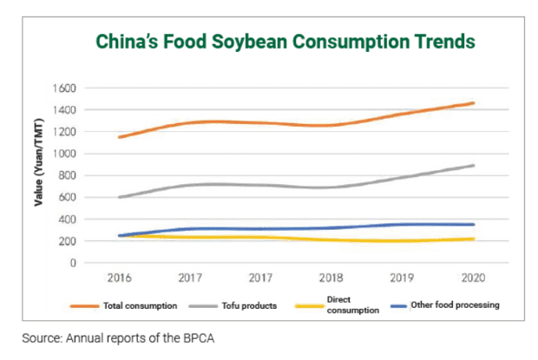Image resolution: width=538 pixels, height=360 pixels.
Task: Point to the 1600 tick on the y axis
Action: (x=64, y=88)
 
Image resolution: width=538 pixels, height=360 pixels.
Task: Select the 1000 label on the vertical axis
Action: (x=64, y=154)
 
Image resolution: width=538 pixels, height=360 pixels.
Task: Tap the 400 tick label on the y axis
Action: (x=67, y=219)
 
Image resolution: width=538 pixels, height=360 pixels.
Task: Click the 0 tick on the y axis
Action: (x=73, y=262)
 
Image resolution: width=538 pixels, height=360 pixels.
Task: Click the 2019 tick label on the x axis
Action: (x=403, y=279)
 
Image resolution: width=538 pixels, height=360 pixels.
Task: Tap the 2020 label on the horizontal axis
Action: (x=473, y=279)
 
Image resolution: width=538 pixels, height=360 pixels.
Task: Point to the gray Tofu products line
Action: (x=260, y=185)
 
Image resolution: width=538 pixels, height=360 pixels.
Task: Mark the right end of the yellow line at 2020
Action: (x=474, y=239)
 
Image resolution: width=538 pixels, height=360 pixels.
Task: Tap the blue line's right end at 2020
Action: (x=474, y=225)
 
